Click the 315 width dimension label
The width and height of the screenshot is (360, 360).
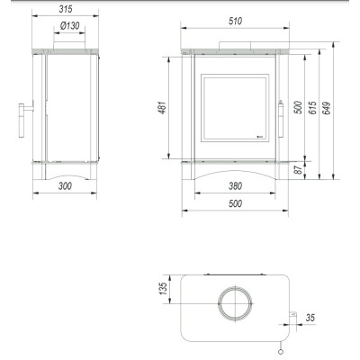(x=66, y=9)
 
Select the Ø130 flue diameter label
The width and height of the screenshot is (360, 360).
(x=69, y=26)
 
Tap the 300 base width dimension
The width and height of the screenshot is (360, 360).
(x=65, y=186)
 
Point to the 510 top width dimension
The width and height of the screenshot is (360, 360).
(x=235, y=21)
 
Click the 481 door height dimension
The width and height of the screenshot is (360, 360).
(x=162, y=108)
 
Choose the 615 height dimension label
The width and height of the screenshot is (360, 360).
(x=312, y=108)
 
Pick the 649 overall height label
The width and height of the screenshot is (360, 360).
(x=327, y=108)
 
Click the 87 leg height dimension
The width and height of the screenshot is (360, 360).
(x=298, y=170)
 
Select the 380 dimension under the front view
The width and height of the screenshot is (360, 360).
(x=235, y=186)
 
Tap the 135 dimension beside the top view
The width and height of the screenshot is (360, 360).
(x=163, y=288)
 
